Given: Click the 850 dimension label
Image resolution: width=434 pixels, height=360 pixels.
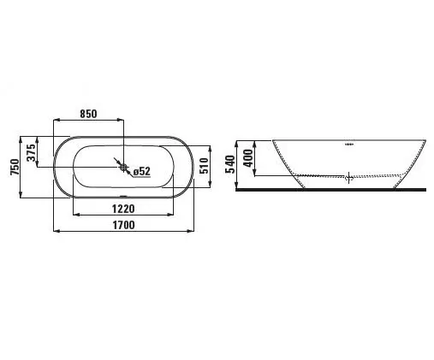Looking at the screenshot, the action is click(88, 114).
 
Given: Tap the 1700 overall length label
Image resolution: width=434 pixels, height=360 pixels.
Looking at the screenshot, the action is click(124, 225).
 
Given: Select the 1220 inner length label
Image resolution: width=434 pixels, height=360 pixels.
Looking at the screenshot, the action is click(123, 209).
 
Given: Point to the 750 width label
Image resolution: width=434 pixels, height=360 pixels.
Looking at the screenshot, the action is click(15, 168).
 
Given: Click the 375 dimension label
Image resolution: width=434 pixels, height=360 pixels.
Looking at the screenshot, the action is click(32, 153).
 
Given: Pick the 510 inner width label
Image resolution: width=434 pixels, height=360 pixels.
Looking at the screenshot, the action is click(204, 166).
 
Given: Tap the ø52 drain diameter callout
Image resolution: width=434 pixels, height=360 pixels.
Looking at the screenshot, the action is click(142, 171).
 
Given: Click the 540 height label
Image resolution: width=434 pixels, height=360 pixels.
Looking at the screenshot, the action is click(230, 164).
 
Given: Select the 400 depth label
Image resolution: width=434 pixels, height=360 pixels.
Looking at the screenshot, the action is click(247, 158).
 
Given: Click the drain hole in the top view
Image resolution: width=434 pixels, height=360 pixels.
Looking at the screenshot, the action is click(123, 168).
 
